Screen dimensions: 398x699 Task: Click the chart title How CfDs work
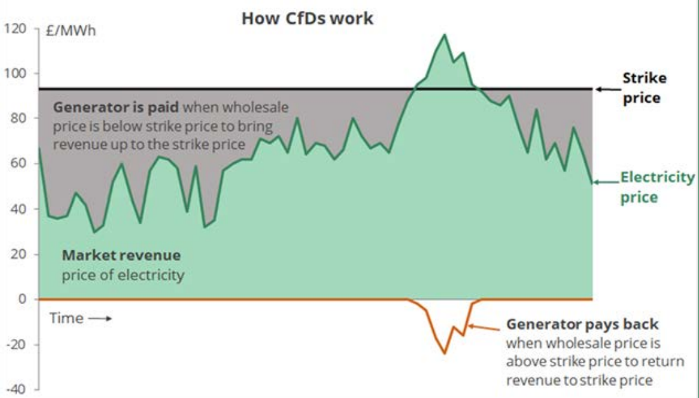pos(307,18)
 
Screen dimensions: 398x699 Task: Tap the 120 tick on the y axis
pos(16,29)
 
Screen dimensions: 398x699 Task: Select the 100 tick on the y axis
pos(16,74)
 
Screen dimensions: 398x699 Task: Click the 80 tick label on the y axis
pos(20,119)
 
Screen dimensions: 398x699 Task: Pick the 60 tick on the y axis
pos(20,164)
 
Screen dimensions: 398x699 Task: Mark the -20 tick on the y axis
pos(16,345)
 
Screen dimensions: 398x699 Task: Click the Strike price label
pos(644,88)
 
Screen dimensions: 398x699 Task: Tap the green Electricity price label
pos(657,187)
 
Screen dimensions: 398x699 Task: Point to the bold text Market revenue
pos(121,255)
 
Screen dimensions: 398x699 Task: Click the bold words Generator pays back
pos(582,324)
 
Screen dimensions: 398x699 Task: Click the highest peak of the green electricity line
pos(444,34)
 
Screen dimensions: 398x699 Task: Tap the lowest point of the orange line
pos(444,354)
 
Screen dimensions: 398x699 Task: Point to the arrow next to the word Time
pos(100,319)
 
